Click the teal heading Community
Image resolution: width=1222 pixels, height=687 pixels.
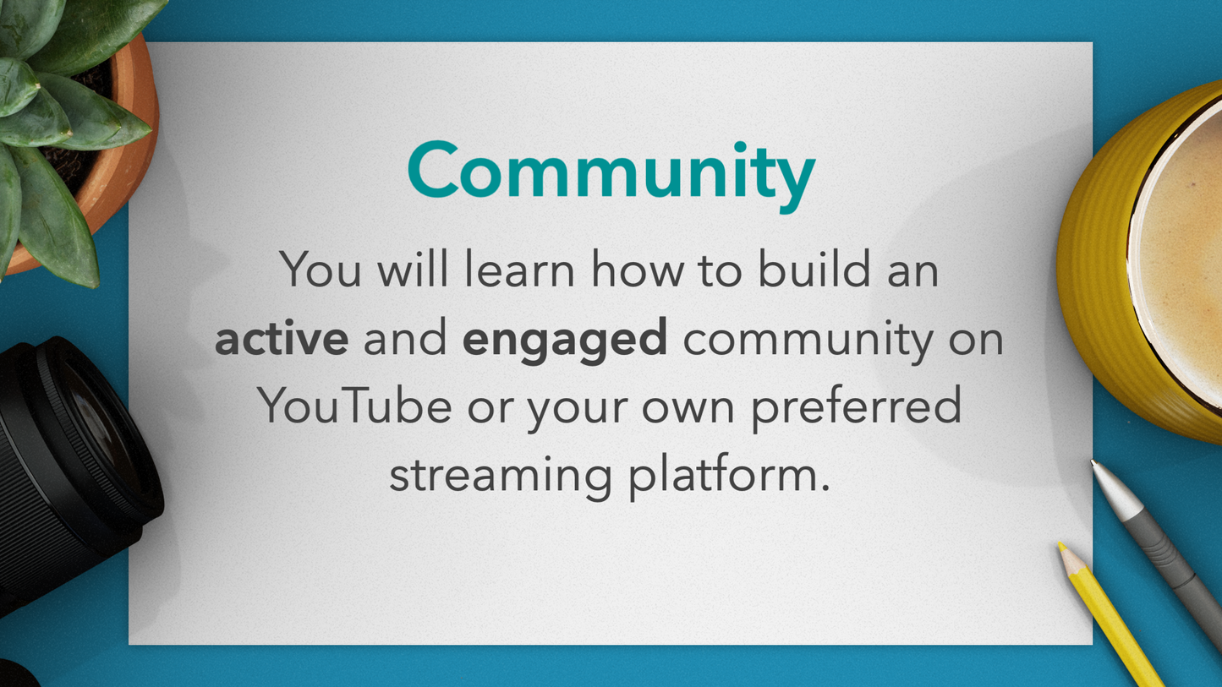pos(611,176)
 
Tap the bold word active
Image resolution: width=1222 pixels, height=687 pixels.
pos(282,338)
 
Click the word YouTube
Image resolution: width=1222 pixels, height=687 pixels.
pos(354,406)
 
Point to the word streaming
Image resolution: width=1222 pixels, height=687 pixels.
pos(501,476)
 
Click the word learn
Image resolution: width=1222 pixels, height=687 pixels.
pos(519,270)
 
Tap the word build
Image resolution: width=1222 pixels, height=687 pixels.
pos(814,268)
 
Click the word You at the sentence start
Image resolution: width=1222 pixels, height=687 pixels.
pos(321,269)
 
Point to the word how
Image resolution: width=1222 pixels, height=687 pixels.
pos(638,269)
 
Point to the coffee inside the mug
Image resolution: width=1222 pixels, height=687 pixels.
pos(1186,256)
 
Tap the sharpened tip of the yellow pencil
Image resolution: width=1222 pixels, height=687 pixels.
pos(1061,546)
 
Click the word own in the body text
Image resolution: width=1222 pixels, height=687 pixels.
pos(688,410)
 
